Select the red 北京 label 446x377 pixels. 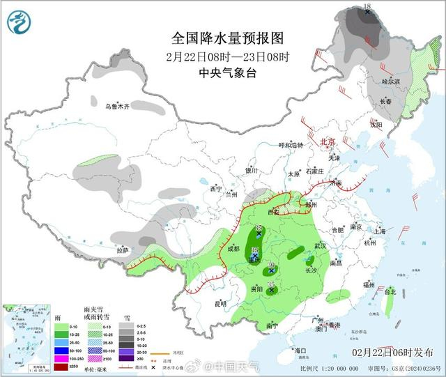point(328,141)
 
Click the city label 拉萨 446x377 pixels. point(123,250)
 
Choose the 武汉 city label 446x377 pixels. point(321,246)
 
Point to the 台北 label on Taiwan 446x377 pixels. point(394,293)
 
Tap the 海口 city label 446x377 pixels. point(300,350)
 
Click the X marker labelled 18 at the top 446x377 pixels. point(367,12)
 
